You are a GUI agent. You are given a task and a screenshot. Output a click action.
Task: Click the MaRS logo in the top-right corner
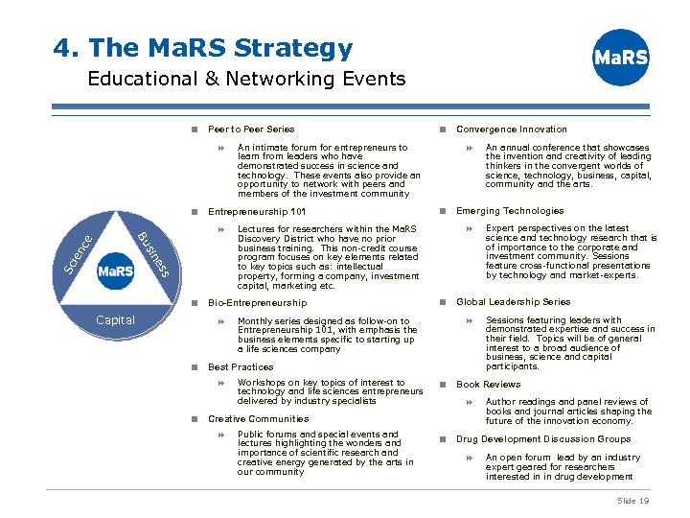(621, 58)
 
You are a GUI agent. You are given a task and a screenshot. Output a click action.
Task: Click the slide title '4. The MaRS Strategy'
(203, 48)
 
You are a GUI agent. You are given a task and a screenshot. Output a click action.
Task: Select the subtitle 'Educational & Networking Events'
(246, 79)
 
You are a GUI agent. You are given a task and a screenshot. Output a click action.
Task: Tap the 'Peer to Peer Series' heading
(251, 129)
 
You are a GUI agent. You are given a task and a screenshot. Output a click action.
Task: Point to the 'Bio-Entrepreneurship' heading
(257, 303)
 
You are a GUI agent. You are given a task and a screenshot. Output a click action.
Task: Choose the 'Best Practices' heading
(241, 366)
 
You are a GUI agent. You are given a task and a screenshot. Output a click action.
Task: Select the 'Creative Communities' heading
(258, 419)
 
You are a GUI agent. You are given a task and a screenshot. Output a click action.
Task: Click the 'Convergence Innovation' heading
(511, 129)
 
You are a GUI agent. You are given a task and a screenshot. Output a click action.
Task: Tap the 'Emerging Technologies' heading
(510, 211)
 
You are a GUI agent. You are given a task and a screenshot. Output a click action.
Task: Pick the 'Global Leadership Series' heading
(513, 302)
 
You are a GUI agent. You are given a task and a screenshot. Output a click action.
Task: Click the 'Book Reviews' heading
(488, 385)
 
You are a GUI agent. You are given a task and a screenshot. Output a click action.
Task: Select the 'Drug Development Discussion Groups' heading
(542, 439)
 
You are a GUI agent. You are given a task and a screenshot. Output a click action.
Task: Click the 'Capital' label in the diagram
(115, 319)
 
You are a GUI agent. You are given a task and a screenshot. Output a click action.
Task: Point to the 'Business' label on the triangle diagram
(153, 253)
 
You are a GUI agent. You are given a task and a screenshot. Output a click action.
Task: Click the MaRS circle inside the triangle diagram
(115, 271)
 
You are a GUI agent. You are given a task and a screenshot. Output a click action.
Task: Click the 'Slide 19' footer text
(632, 501)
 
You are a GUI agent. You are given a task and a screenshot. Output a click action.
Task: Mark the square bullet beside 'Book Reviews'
(443, 385)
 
